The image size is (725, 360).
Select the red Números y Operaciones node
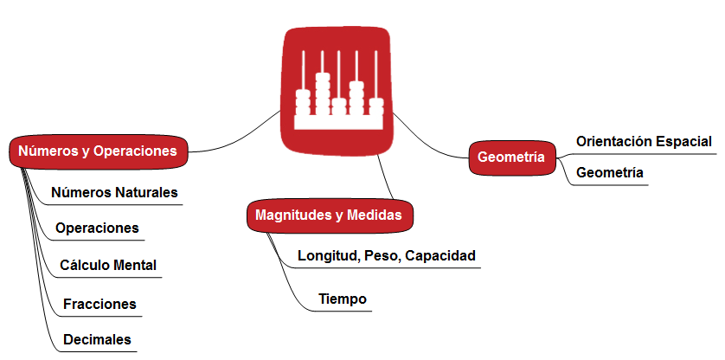pos(98,151)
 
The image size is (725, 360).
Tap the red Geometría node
pos(511,157)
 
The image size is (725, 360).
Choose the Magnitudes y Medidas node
pos(329,215)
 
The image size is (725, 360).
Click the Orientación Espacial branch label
pos(644,141)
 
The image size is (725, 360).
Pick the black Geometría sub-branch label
pos(610,172)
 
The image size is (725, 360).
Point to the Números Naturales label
pos(114,191)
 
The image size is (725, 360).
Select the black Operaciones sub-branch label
pos(97,228)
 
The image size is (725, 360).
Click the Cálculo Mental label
pos(108,265)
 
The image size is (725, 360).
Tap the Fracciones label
pos(100,304)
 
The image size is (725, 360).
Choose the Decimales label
pos(98,339)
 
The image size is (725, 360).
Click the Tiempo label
pos(343,299)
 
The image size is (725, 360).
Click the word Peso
pos(382,256)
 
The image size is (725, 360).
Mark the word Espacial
pos(683,141)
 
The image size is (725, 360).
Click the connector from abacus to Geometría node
pos(429,144)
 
